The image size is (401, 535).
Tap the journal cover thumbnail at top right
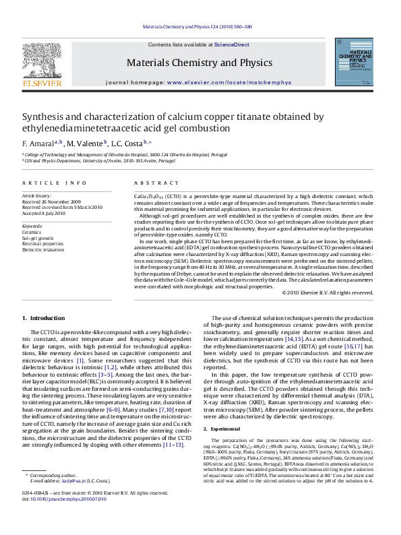pyautogui.click(x=363, y=66)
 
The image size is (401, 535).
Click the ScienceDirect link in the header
pyautogui.click(x=232, y=44)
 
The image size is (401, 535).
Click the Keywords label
pyautogui.click(x=32, y=225)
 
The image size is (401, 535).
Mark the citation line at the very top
pyautogui.click(x=200, y=27)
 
